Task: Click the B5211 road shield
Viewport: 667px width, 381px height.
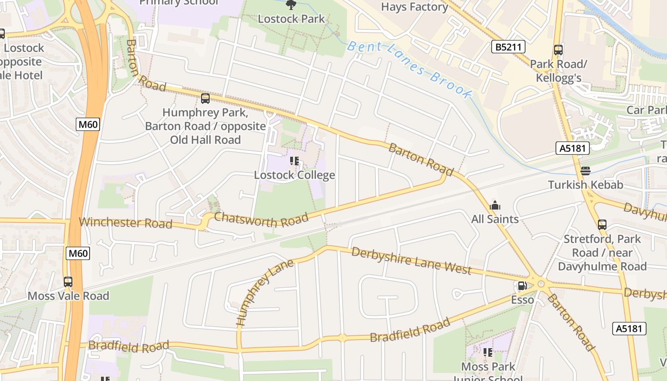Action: click(x=508, y=47)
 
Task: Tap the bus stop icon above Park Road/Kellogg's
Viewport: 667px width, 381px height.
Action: click(x=558, y=50)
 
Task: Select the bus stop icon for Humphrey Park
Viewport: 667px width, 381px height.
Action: click(x=205, y=99)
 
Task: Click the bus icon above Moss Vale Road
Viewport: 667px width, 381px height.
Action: click(x=68, y=281)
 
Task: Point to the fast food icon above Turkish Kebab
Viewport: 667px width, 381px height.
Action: click(x=586, y=171)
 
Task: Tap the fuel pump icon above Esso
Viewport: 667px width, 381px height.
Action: click(x=522, y=286)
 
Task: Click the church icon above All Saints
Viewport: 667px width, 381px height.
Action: click(x=495, y=206)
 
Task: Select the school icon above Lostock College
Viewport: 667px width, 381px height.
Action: click(x=294, y=161)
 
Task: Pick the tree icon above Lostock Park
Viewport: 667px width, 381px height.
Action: click(x=291, y=5)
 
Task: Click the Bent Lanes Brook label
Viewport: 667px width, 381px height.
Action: click(x=409, y=70)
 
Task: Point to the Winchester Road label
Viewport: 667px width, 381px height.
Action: click(x=126, y=222)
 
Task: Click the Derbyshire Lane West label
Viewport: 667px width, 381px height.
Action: click(x=411, y=261)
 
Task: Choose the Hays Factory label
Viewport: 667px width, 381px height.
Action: click(x=414, y=7)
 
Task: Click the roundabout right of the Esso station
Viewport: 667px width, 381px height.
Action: click(x=541, y=284)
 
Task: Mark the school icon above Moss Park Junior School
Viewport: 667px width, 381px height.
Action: click(x=487, y=352)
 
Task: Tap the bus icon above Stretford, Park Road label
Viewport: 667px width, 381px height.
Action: click(x=602, y=224)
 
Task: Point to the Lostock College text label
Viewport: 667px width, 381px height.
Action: click(x=294, y=175)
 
